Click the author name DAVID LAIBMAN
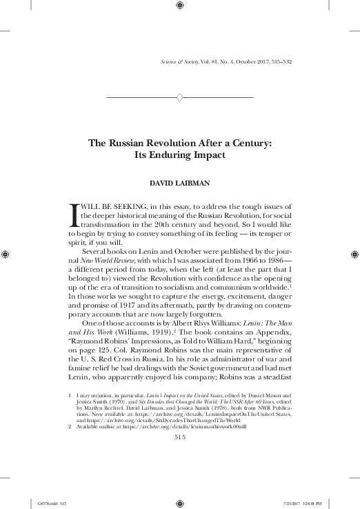click(179, 184)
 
